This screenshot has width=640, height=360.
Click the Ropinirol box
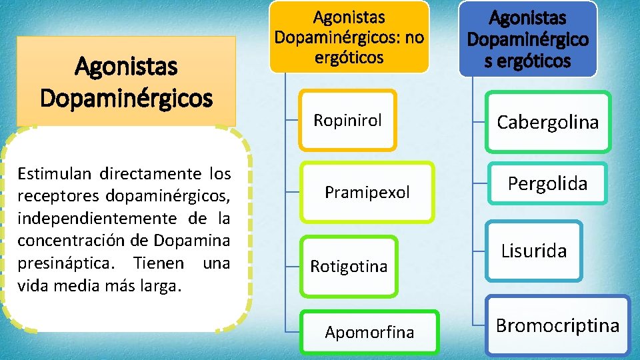click(x=347, y=120)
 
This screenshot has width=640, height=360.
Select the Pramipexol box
click(x=367, y=193)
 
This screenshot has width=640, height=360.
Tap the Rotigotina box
click(x=349, y=266)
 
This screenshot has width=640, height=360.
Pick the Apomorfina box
click(x=369, y=331)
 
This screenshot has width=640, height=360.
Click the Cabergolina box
click(x=547, y=122)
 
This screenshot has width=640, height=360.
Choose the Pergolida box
click(x=547, y=183)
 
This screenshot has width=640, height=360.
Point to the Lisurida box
click(x=534, y=251)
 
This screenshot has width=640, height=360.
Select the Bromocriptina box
click(x=557, y=325)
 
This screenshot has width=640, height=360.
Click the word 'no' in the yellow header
click(x=412, y=37)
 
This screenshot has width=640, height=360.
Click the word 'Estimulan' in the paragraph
click(x=55, y=175)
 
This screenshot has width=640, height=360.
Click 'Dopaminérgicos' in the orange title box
click(x=126, y=98)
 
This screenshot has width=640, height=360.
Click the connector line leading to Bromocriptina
click(x=478, y=325)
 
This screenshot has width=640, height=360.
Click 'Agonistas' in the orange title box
click(x=126, y=67)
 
